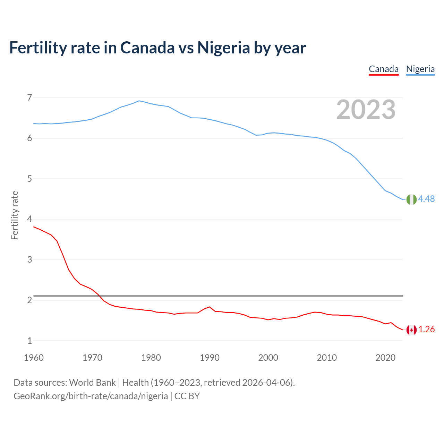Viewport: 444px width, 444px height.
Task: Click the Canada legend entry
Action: [x=383, y=69]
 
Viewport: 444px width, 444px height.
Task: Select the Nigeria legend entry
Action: [x=420, y=69]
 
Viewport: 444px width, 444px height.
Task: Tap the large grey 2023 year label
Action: [x=366, y=110]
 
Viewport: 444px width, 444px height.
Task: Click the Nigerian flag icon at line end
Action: [x=411, y=199]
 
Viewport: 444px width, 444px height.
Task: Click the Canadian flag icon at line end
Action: [x=411, y=330]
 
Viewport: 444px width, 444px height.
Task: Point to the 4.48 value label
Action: [x=426, y=199]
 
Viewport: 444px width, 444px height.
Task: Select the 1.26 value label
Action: [x=426, y=329]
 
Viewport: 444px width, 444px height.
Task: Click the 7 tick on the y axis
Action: [x=29, y=97]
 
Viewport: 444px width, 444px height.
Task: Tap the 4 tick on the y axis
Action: [x=29, y=219]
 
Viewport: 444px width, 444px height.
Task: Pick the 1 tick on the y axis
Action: [x=29, y=341]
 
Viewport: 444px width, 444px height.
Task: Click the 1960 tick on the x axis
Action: [x=34, y=358]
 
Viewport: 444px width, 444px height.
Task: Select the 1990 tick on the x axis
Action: [x=210, y=358]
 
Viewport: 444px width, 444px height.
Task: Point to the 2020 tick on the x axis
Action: [x=385, y=358]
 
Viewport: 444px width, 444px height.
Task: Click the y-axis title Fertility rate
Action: [x=15, y=215]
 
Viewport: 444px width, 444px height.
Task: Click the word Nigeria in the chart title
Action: [x=223, y=48]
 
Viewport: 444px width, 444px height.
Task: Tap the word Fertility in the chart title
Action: [x=37, y=48]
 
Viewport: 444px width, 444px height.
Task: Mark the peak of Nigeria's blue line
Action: [x=139, y=101]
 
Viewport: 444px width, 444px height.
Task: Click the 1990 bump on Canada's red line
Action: [x=209, y=307]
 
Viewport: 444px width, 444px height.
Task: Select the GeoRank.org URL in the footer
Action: [x=91, y=396]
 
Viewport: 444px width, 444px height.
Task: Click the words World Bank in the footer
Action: [x=92, y=382]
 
